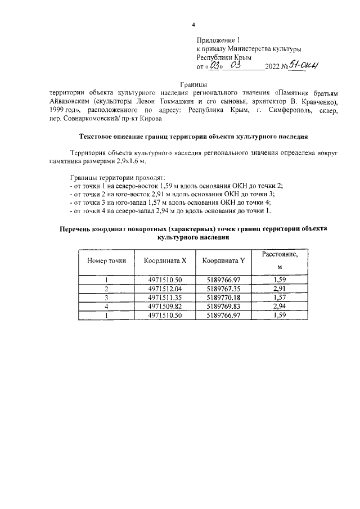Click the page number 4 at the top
pos(194,25)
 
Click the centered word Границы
pos(193,84)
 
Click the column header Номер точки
pos(106,261)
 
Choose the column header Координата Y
pos(223,261)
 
